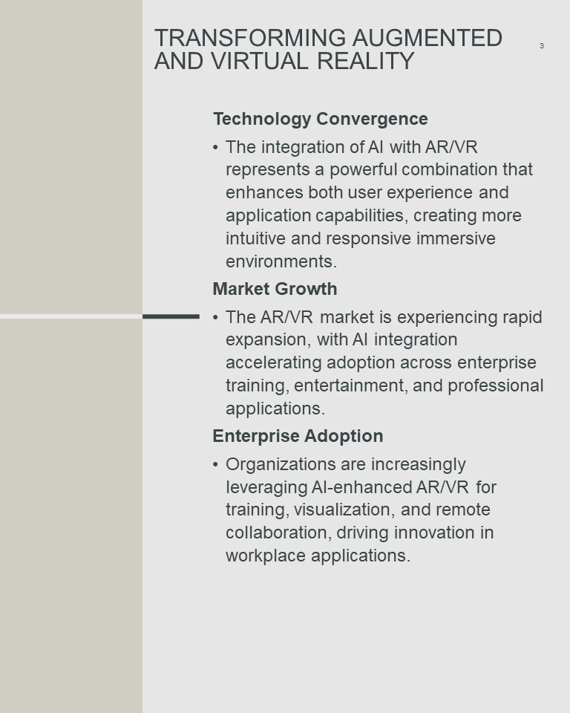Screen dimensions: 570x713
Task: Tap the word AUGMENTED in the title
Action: [x=427, y=38]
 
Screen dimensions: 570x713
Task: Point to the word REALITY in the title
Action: [x=366, y=61]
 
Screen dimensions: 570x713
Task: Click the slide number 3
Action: [x=541, y=45]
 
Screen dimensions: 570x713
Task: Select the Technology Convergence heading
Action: [x=321, y=119]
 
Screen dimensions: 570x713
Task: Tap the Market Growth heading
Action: [x=275, y=289]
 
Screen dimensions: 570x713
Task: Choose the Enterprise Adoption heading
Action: [x=298, y=436]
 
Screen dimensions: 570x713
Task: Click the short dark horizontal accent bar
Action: [x=171, y=316]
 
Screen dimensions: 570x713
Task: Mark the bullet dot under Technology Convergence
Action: [x=215, y=147]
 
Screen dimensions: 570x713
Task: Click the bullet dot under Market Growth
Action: [x=215, y=317]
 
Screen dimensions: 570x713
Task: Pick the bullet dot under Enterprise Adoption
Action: [x=215, y=464]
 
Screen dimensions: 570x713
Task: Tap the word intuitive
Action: [x=255, y=238]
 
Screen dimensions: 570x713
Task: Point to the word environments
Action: [x=281, y=262]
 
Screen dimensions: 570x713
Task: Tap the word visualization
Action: [x=344, y=509]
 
